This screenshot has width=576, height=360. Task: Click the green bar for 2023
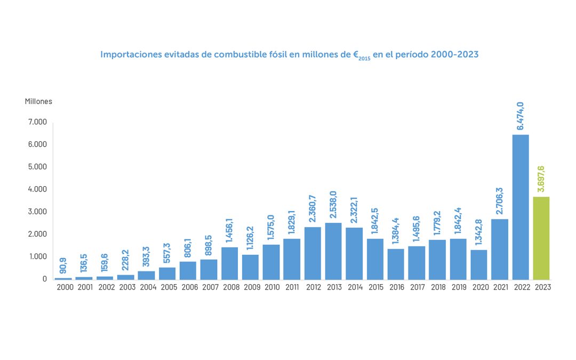pos(541,238)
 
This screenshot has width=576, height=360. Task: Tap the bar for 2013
pos(333,251)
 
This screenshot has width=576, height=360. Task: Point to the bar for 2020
pos(479,265)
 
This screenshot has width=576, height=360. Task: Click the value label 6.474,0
pos(521,116)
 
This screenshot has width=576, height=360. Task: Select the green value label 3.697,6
pos(541,179)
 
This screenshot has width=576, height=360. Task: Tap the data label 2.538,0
pos(333,204)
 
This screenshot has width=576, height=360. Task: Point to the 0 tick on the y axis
pos(45,279)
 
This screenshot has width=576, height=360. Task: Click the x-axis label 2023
pos(541,287)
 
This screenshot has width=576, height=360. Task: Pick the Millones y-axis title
pos(38,101)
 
